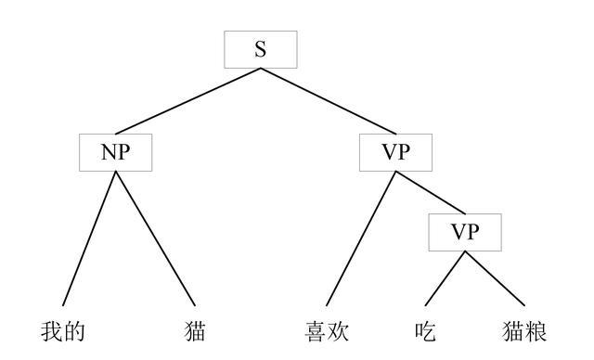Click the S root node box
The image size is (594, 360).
point(261,49)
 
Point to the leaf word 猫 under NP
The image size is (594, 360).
point(195,331)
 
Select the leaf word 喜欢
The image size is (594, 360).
point(328,331)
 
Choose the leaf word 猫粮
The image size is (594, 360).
point(525,331)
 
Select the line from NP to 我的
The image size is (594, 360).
point(88,237)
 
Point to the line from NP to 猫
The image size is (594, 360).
point(155,237)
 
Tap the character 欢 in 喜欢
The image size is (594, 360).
point(339,331)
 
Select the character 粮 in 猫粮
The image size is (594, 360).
point(536,331)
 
